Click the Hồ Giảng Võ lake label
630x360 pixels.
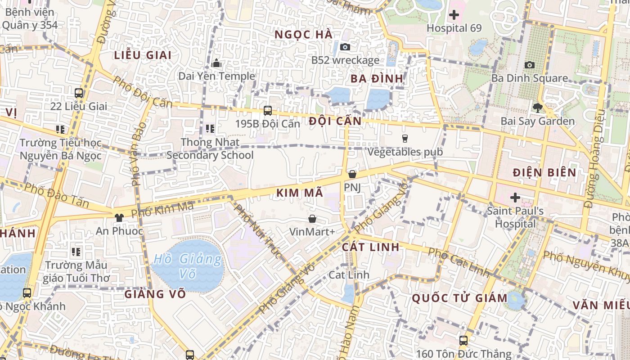187,266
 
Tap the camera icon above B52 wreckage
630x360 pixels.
345,47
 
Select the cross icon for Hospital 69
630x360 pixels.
454,15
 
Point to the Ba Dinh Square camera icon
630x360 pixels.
530,65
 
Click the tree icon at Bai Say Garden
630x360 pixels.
537,108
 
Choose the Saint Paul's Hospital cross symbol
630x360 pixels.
515,197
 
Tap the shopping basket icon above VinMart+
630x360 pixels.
312,219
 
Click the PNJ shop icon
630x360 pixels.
352,174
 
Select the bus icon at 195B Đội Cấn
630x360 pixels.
268,110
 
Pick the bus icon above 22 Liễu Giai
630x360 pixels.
79,93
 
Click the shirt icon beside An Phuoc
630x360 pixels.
119,218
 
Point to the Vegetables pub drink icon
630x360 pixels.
405,139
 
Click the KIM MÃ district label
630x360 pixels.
300,193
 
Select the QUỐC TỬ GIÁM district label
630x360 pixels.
459,298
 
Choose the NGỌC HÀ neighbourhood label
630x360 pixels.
303,35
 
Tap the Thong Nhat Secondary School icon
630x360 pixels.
210,129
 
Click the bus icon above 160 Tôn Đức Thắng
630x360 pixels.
463,341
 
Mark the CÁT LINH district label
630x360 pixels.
370,247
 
